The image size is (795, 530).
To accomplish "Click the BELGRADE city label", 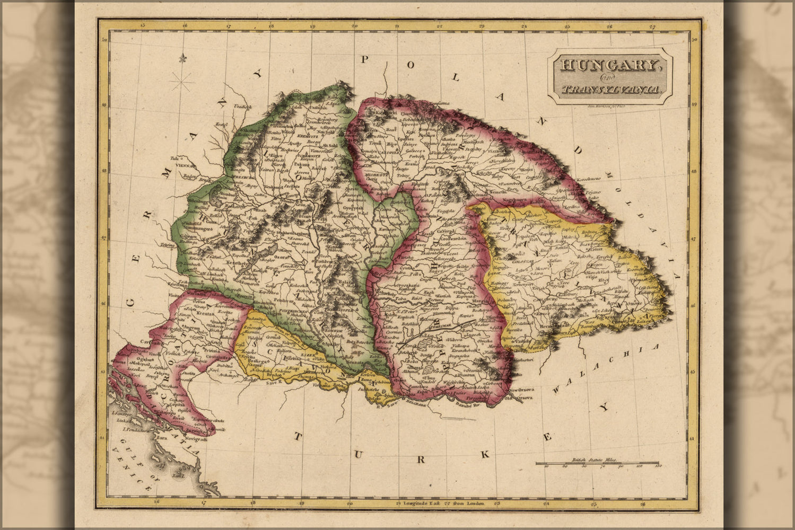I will (415, 405).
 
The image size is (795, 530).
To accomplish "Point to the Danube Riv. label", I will (466, 407).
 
